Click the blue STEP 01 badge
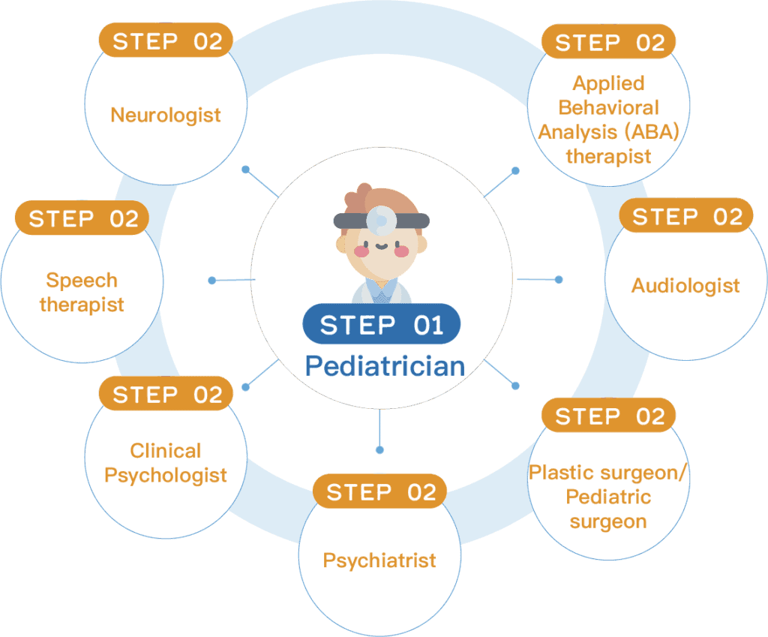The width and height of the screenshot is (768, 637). (382, 325)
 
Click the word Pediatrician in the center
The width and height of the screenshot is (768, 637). (385, 366)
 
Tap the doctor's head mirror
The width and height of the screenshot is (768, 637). (381, 220)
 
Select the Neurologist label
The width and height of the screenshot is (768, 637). (166, 115)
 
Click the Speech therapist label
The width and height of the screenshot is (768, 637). (82, 293)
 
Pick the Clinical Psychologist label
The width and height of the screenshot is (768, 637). (166, 463)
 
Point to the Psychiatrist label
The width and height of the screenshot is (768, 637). (379, 560)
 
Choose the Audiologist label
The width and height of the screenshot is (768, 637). (685, 285)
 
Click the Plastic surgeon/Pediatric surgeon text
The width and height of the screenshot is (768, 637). (608, 497)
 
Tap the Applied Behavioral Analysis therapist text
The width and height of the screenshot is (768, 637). (608, 119)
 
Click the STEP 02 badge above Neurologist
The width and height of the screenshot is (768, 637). (166, 41)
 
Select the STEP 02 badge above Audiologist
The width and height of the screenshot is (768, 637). (686, 217)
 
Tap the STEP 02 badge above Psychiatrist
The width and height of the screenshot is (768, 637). (380, 491)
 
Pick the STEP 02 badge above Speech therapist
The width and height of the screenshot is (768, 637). (82, 218)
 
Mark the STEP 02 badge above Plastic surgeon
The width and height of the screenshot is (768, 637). (609, 416)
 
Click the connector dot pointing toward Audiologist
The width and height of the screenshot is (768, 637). (559, 280)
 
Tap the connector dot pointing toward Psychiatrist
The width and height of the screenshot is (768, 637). (379, 450)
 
